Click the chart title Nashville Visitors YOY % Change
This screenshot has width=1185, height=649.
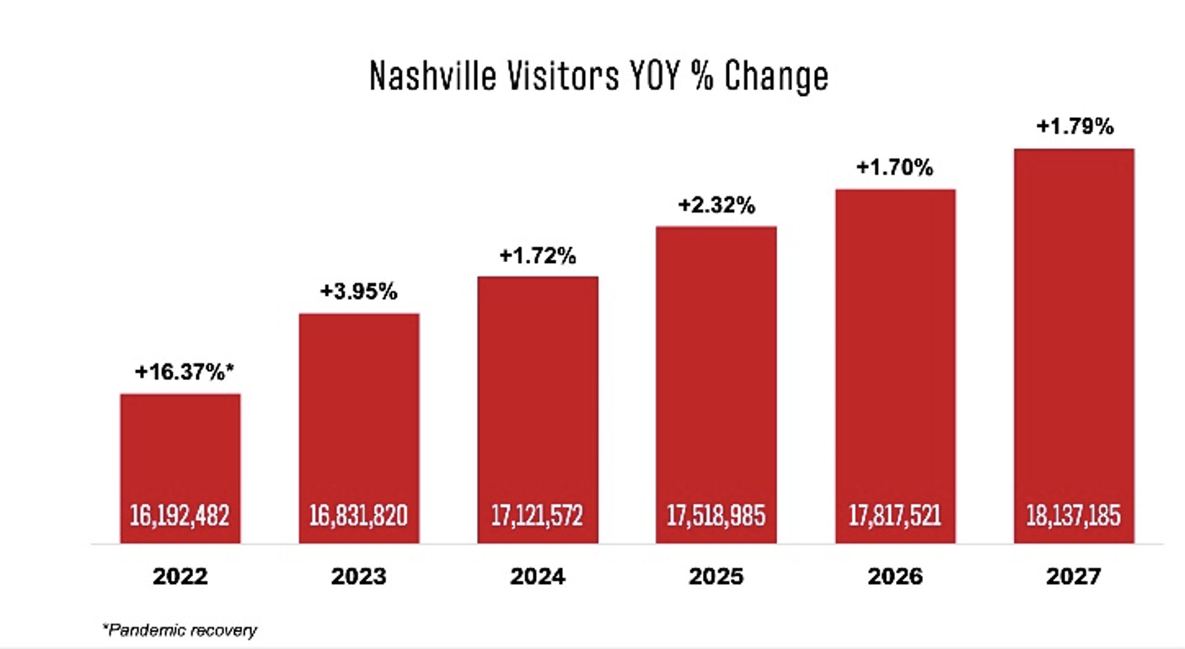pos(599,77)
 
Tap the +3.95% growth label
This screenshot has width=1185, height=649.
pos(359,292)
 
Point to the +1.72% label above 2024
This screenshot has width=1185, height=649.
pos(538,255)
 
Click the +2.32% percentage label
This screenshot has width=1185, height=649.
pos(716,206)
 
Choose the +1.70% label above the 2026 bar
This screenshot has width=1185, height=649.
pos(895,168)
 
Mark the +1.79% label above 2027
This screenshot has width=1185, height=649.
pos(1074,128)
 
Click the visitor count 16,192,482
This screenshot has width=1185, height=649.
pos(180,515)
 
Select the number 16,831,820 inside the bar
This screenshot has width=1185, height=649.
pos(359,515)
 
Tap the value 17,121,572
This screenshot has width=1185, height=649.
pos(538,515)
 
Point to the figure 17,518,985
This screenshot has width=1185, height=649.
pos(716,515)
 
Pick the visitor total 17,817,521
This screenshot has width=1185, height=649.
pos(895,515)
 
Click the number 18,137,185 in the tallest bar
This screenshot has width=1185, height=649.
pos(1074,515)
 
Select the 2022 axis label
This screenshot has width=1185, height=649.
pos(180,577)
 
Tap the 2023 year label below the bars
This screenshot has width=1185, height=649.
pos(359,577)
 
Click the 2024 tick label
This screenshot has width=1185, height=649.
pos(538,577)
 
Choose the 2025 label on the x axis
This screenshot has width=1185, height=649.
pos(716,577)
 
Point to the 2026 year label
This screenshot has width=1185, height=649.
pos(895,577)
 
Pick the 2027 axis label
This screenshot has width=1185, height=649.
pos(1074,577)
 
